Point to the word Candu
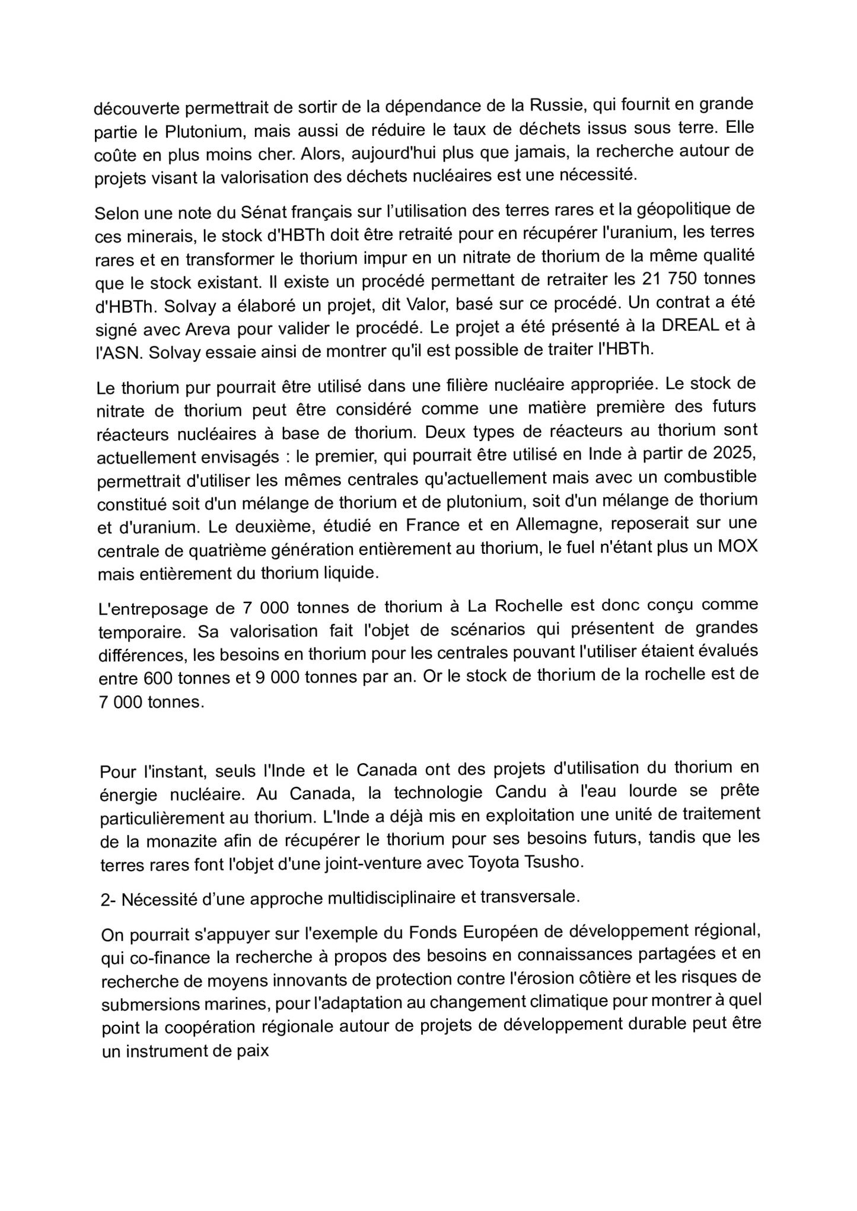(424, 793)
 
